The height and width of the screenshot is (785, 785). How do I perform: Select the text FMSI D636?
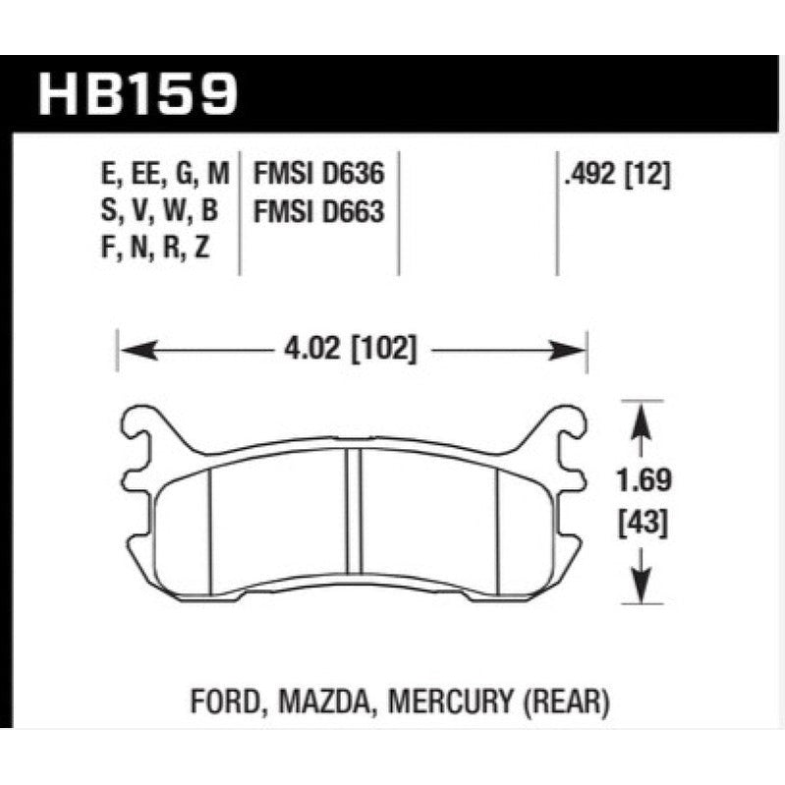coord(317,176)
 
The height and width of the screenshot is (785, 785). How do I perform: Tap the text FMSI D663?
coord(317,211)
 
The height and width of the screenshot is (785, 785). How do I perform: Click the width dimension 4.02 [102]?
coord(350,350)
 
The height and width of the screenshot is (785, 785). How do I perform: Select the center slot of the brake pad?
coord(352,511)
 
